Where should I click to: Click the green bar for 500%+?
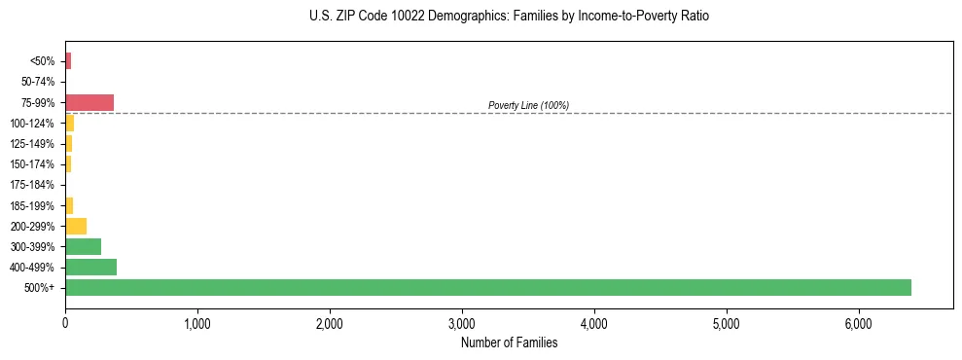tap(487, 287)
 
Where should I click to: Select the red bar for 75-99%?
tap(89, 102)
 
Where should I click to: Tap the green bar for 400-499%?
tap(90, 267)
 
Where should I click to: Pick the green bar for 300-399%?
tap(83, 246)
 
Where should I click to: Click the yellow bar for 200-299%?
tap(76, 226)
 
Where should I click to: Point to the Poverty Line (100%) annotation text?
tap(528, 105)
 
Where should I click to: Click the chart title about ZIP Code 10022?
tap(510, 17)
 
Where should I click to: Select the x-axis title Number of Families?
tap(509, 342)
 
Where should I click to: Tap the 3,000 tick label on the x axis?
tap(462, 323)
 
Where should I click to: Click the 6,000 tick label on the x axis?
tap(859, 323)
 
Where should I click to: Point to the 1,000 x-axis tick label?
tap(197, 323)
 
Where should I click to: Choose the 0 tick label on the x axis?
tap(65, 323)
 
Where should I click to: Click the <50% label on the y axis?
tap(43, 61)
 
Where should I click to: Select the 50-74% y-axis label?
tap(39, 82)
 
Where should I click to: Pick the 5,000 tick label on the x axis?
tap(727, 323)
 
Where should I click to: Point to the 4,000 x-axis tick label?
tap(594, 323)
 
